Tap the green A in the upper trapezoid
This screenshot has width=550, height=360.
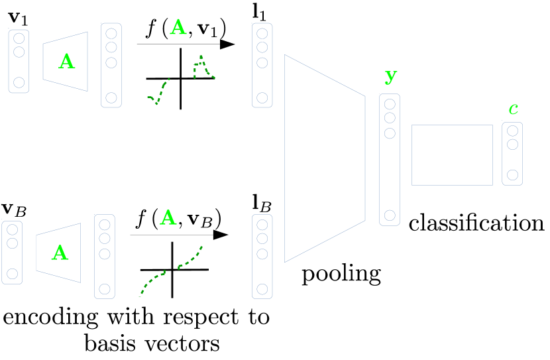66,62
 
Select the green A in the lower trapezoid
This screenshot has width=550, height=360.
60,253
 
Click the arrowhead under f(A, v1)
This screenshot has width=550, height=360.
227,44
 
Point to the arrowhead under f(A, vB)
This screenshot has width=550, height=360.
221,235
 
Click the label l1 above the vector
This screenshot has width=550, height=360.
261,13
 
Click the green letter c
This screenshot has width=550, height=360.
513,108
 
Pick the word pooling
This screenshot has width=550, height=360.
341,272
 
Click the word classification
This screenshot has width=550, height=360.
476,223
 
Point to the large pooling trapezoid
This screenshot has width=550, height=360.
323,158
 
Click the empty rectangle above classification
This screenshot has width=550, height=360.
451,154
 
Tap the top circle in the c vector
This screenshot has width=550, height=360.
512,130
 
